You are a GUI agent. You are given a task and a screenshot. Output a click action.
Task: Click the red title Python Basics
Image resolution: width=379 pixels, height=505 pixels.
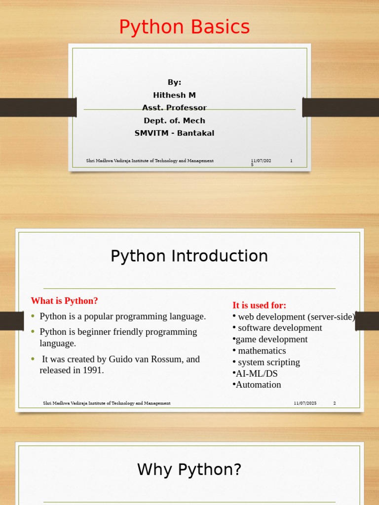185,27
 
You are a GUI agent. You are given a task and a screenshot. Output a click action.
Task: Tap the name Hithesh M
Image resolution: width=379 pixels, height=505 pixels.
174,95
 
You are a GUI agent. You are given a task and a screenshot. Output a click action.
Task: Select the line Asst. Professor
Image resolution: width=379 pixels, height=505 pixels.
174,108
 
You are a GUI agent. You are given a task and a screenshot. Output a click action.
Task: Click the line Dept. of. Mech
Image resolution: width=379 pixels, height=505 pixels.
174,120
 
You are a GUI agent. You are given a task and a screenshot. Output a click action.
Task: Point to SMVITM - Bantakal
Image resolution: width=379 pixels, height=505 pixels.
174,133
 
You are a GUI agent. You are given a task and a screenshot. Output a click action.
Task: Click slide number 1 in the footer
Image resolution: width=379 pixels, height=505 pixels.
291,161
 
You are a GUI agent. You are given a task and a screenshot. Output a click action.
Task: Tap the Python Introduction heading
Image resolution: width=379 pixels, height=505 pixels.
189,256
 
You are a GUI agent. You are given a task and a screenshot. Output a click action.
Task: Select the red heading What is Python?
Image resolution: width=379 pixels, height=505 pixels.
64,301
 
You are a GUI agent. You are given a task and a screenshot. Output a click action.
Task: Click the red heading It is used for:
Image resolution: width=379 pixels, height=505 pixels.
260,305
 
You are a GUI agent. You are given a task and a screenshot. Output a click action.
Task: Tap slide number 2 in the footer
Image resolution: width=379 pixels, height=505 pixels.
335,403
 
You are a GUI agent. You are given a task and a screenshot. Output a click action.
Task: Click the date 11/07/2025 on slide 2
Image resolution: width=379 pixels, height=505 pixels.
305,403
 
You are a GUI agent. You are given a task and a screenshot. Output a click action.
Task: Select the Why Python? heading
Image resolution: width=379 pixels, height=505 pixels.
189,469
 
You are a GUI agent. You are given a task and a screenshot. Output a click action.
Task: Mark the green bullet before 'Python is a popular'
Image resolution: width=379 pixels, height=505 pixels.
33,316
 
